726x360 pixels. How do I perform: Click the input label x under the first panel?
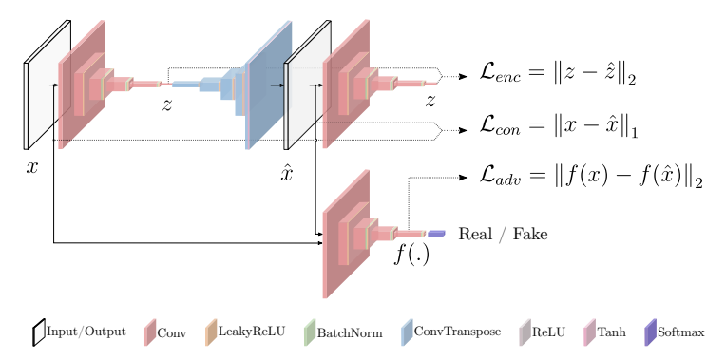32,168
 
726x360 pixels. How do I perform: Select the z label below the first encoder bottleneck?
167,104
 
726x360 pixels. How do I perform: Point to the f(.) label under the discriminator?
411,254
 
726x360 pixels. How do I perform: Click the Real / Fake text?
503,234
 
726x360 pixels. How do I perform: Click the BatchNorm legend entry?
342,332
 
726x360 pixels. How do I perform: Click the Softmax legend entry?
674,332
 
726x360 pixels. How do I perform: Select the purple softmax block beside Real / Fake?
436,234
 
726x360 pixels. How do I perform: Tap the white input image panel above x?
47,85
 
